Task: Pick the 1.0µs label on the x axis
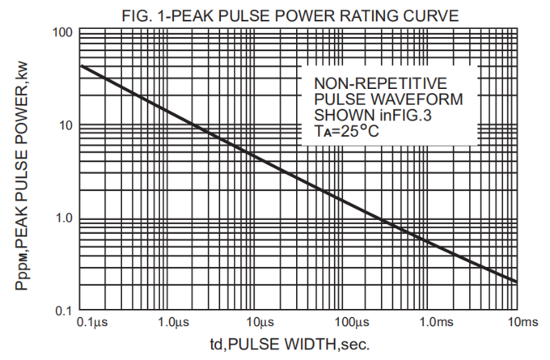pos(175,324)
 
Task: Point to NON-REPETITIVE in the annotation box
pos(380,83)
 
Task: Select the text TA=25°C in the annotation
pos(349,129)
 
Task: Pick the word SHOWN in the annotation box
pos(338,114)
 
